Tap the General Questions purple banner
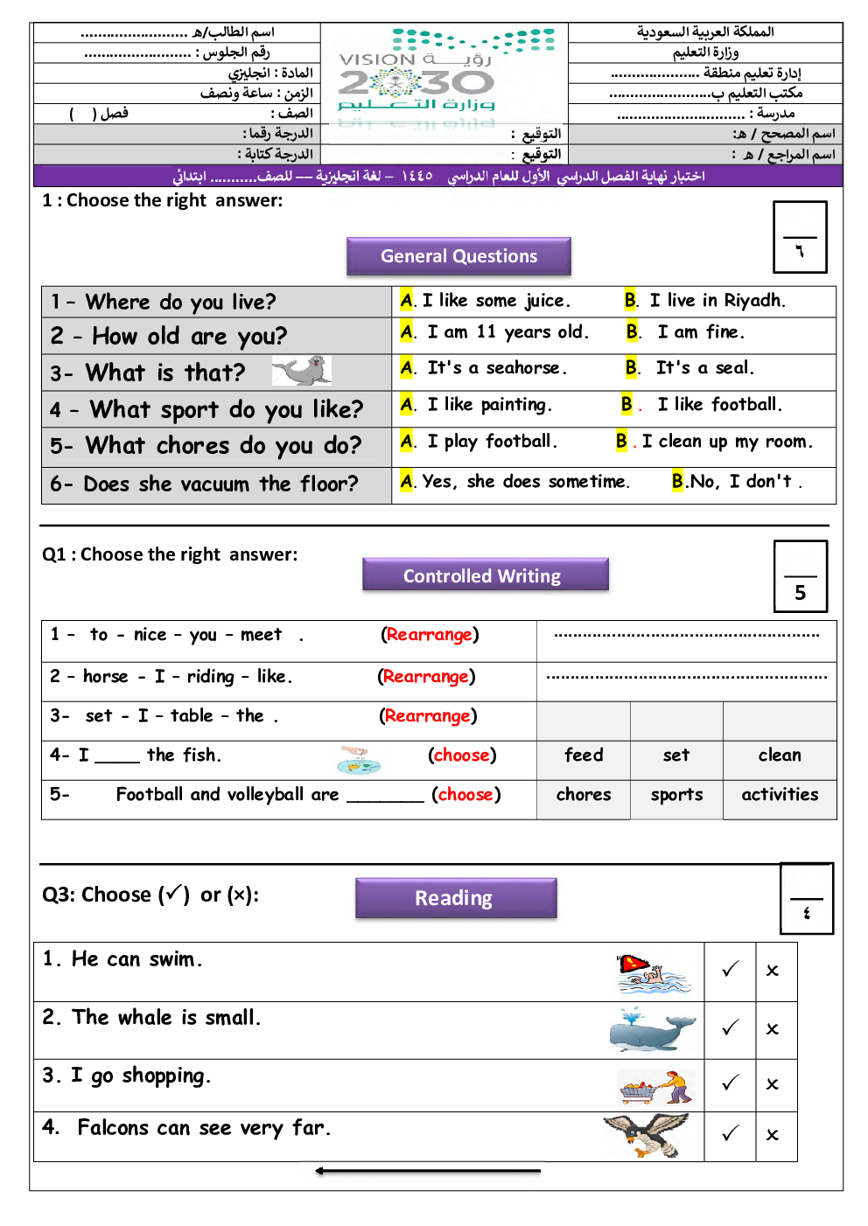pyautogui.click(x=458, y=256)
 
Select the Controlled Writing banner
pyautogui.click(x=486, y=575)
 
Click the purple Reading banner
pyautogui.click(x=456, y=897)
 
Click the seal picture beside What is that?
pyautogui.click(x=302, y=371)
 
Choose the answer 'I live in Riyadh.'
pyautogui.click(x=717, y=301)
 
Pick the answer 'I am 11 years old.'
pyautogui.click(x=507, y=331)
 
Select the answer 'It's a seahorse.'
pyautogui.click(x=497, y=368)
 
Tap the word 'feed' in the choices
pyautogui.click(x=584, y=756)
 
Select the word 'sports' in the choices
pyautogui.click(x=676, y=795)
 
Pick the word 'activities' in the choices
pyautogui.click(x=780, y=794)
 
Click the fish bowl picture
pyautogui.click(x=359, y=760)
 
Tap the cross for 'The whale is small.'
pyautogui.click(x=772, y=1029)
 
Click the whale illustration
pyautogui.click(x=652, y=1030)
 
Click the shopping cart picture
pyautogui.click(x=656, y=1087)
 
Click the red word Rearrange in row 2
pyautogui.click(x=426, y=677)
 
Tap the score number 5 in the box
pyautogui.click(x=800, y=593)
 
